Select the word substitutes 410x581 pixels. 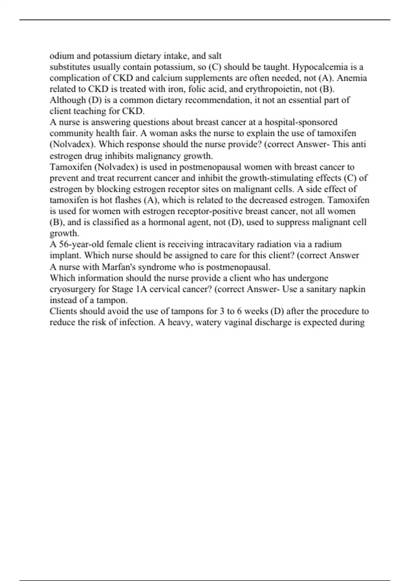tap(70, 67)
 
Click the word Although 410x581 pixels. tap(68, 100)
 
